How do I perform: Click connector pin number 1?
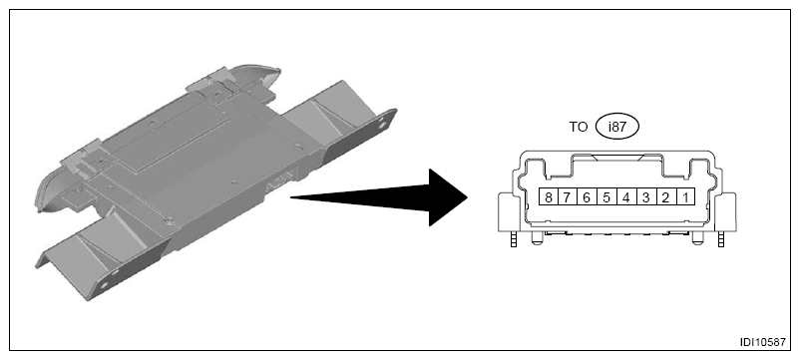tap(685, 196)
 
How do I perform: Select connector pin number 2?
tap(665, 196)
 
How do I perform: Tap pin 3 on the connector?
tap(646, 196)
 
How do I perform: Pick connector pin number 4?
tap(626, 196)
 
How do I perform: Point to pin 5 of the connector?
tap(606, 196)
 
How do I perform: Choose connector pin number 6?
tap(587, 196)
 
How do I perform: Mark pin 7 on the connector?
tap(568, 196)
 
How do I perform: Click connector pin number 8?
tap(549, 196)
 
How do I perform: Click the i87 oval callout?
tap(616, 127)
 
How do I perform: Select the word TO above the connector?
tap(579, 127)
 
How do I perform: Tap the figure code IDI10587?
tap(763, 342)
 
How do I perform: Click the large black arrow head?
tap(448, 197)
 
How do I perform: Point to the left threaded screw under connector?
tap(514, 239)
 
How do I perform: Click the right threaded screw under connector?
tap(720, 239)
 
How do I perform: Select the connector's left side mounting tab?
tap(508, 212)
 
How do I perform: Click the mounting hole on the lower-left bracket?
tap(104, 284)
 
